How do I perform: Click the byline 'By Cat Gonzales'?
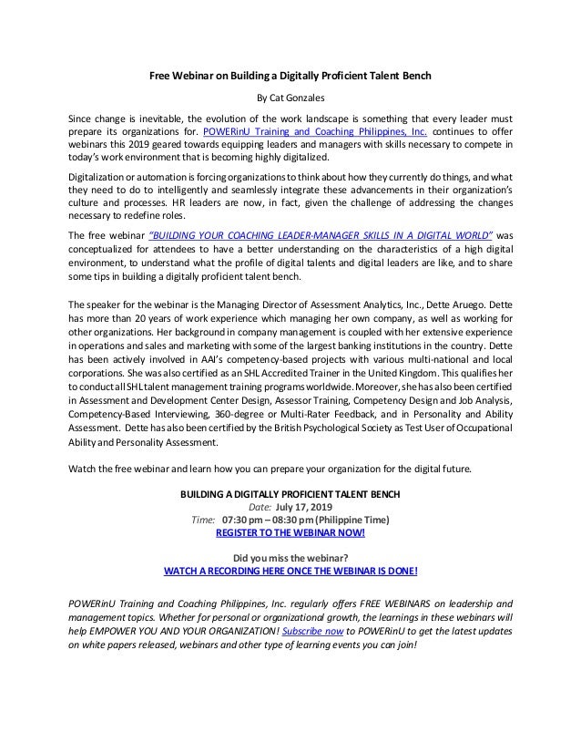290,98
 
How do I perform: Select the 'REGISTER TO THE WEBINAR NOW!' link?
290,532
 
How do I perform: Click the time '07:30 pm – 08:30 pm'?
274,520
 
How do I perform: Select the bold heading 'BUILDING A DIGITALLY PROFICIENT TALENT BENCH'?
290,494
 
